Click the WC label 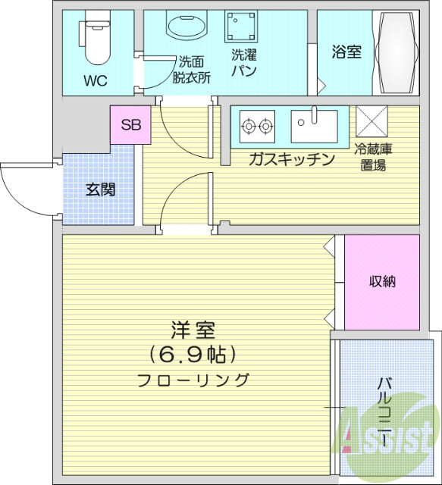[96, 80]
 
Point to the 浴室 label [346, 52]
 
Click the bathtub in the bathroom [398, 52]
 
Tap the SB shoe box [130, 125]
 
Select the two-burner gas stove [257, 127]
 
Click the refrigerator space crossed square [371, 120]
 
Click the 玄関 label [99, 189]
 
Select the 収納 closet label [382, 281]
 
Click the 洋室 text [193, 330]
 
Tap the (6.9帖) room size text [193, 355]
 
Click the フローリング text [193, 380]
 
